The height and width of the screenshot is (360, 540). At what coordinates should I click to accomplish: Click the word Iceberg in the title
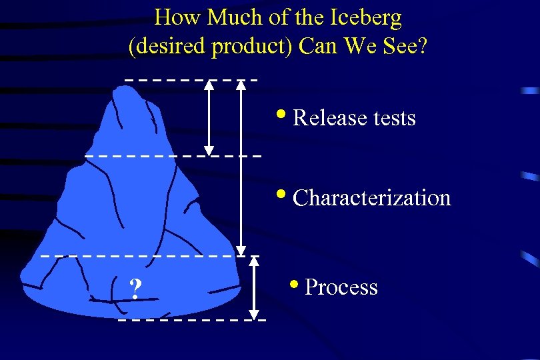click(x=367, y=18)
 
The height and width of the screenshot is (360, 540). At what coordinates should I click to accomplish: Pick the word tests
click(x=394, y=118)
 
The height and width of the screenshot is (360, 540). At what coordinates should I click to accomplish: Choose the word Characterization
click(x=372, y=198)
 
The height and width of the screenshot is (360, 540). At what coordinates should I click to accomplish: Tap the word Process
click(x=341, y=287)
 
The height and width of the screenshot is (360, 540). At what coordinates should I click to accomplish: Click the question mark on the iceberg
click(x=135, y=289)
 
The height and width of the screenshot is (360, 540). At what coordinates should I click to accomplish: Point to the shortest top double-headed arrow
click(x=209, y=118)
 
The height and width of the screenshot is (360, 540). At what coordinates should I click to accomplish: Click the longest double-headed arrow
click(x=241, y=167)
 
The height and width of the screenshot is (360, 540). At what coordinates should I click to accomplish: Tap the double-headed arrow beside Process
click(x=254, y=288)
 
